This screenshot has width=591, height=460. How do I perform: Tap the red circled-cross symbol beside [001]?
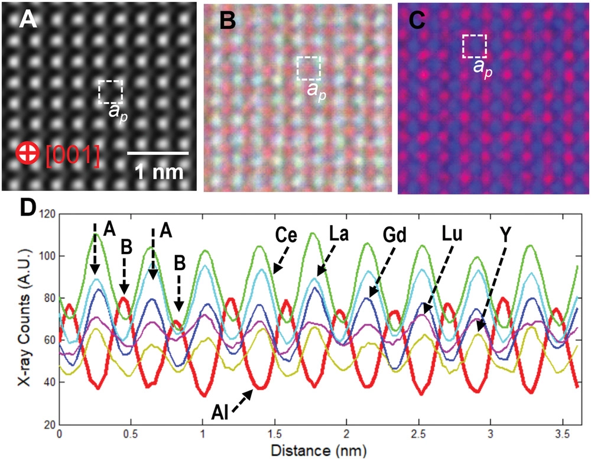(x=25, y=154)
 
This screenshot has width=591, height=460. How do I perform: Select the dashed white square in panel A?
(x=111, y=92)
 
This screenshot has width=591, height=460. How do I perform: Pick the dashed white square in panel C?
(x=474, y=45)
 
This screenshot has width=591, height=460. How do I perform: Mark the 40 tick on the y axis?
(x=47, y=383)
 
